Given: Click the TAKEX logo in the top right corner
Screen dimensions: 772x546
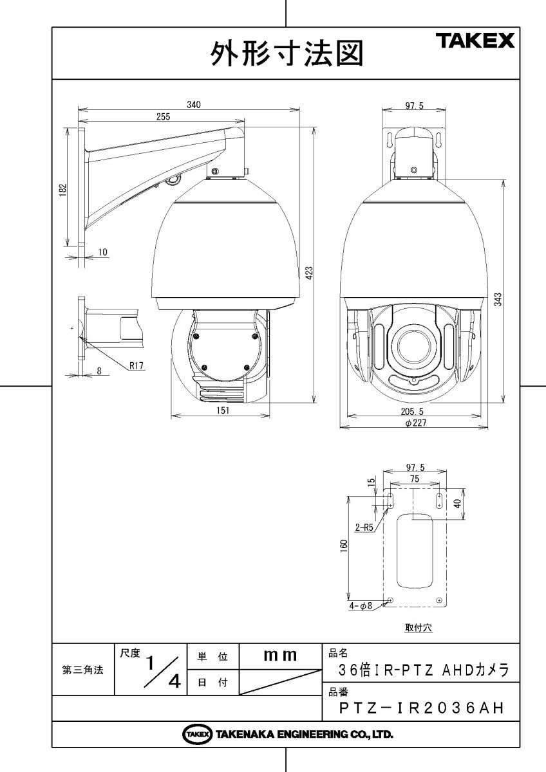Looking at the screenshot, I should click(x=476, y=42).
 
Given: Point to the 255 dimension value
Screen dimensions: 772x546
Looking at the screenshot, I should click(x=163, y=116).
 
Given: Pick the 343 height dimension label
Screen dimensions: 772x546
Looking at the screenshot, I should click(x=498, y=299).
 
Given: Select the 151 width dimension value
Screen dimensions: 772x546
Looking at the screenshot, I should click(x=221, y=412).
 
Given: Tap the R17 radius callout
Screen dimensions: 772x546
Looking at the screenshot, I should click(x=136, y=365).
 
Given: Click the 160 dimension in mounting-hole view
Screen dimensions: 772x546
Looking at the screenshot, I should click(x=344, y=545).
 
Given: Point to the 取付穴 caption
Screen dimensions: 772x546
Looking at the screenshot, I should click(x=418, y=628).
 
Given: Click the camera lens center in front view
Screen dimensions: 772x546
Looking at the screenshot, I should click(x=413, y=344).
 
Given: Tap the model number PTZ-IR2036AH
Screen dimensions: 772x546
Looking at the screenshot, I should click(x=420, y=708).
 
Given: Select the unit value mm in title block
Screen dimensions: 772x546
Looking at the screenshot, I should click(x=280, y=656).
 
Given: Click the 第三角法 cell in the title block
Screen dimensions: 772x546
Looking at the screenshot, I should click(x=82, y=669).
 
